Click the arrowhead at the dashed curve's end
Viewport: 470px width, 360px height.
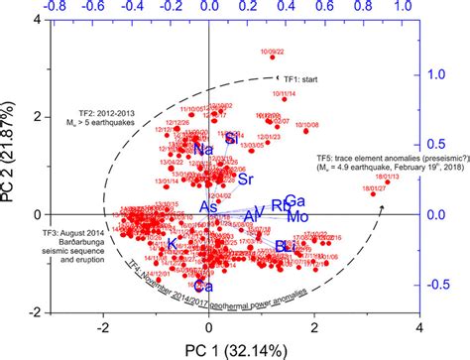[383, 207]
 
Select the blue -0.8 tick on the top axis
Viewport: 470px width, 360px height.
[52, 6]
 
